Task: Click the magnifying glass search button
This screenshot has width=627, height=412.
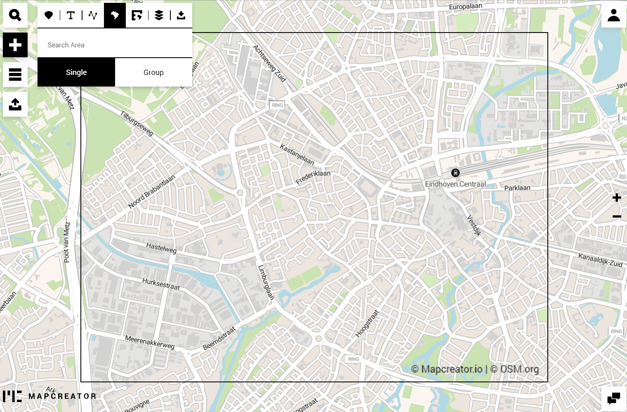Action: [15, 15]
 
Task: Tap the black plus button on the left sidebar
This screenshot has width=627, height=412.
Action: [15, 45]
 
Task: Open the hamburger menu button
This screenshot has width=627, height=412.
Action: [15, 75]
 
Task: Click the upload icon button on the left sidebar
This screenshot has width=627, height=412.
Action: [15, 104]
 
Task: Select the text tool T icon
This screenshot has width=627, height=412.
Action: [71, 15]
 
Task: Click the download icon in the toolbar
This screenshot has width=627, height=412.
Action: [181, 15]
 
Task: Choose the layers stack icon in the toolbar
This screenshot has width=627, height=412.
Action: [159, 15]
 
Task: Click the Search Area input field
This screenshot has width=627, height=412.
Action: [115, 45]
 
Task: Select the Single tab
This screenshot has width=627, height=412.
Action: [76, 73]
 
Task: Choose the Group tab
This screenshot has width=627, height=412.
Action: [153, 73]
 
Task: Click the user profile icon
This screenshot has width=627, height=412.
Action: [614, 15]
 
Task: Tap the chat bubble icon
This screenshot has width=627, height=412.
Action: [614, 398]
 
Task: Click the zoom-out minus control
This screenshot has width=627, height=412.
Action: [617, 217]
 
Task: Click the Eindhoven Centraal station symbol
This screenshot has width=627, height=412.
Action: [455, 173]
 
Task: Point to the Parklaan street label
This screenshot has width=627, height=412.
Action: [517, 188]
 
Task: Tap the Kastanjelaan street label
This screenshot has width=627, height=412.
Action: [297, 154]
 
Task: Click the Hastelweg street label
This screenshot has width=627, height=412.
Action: [161, 248]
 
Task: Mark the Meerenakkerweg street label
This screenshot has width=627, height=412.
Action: [150, 342]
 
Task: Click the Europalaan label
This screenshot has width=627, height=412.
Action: [465, 7]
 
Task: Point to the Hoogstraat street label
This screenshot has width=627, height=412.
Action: [367, 324]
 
